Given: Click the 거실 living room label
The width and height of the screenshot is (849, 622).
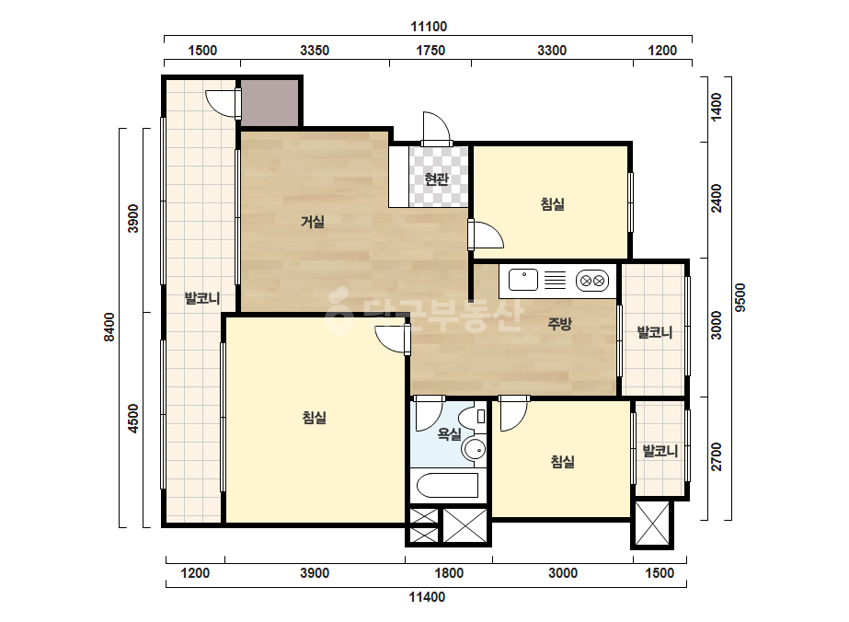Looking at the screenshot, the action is pos(313,222).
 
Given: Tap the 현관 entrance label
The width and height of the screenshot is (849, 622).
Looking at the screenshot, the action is pos(436,179).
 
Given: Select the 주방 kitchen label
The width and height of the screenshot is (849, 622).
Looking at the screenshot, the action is pos(559,324).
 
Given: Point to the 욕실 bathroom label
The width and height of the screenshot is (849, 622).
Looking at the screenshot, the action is pos(450,433).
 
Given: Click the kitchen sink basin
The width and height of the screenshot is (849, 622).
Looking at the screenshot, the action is pos(523,280).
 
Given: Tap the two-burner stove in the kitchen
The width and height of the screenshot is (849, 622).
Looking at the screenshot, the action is pos(592,281).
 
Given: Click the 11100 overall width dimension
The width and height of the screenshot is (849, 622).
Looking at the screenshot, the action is pos(429,27).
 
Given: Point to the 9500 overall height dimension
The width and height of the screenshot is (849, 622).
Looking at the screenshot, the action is pos(740,297).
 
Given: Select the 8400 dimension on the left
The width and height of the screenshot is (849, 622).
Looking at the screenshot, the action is pos(109,328).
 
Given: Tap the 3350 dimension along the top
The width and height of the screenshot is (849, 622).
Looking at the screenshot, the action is pos(315,51).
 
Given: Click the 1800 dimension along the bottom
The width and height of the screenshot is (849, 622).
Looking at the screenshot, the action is pos(449,573).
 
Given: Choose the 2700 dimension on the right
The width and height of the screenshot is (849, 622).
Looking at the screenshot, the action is pos(717,456).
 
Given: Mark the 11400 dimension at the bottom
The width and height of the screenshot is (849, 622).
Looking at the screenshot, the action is pos(427,597).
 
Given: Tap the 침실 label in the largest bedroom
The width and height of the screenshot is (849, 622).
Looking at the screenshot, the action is pos(315,418).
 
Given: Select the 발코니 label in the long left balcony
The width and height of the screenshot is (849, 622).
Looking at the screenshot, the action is pos(202,298).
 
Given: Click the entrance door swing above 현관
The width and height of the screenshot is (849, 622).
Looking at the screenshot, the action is pos(436,129).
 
